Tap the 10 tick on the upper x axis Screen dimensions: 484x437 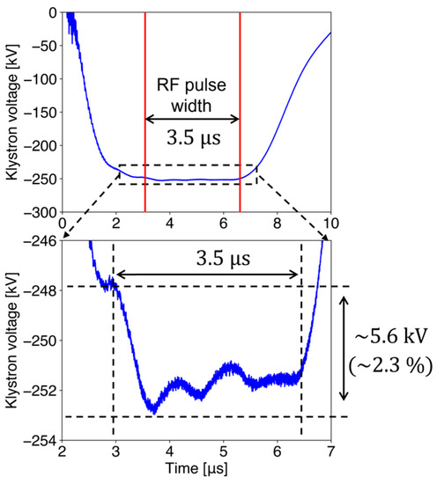click(331, 223)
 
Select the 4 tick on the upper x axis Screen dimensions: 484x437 click(170, 223)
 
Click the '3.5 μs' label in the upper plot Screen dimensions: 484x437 click(192, 138)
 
